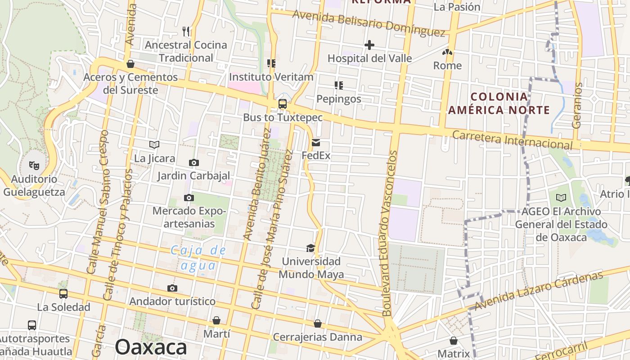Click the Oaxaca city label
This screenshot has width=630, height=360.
151,347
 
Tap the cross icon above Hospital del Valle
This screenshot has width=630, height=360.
369,45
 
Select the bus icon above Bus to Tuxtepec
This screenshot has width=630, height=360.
283,104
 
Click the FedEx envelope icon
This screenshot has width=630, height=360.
316,143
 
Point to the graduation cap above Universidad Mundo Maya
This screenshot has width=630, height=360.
310,248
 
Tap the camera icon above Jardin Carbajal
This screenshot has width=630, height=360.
194,162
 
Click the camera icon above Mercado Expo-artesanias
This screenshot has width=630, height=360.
189,198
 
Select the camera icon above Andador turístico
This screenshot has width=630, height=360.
172,288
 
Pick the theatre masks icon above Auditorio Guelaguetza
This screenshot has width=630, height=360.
34,166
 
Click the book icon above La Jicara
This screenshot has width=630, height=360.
154,144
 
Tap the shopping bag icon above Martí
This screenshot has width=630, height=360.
216,320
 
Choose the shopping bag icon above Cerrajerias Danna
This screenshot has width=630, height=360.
318,324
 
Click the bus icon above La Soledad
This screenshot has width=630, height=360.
63,294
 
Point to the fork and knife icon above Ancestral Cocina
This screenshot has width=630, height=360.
186,31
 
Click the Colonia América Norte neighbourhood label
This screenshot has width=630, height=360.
499,103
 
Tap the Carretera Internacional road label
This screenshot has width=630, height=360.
512,139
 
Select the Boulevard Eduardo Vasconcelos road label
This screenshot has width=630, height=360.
390,233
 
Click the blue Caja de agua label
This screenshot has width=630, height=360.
198,258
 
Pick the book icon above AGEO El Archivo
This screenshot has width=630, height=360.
561,198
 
